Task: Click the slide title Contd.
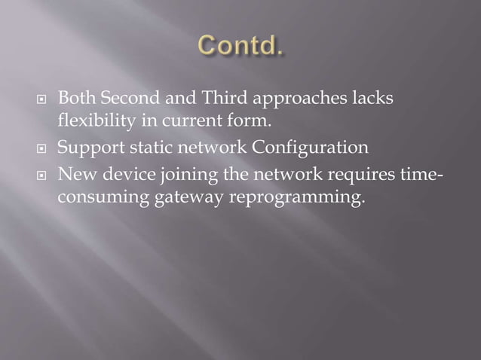(x=240, y=47)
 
